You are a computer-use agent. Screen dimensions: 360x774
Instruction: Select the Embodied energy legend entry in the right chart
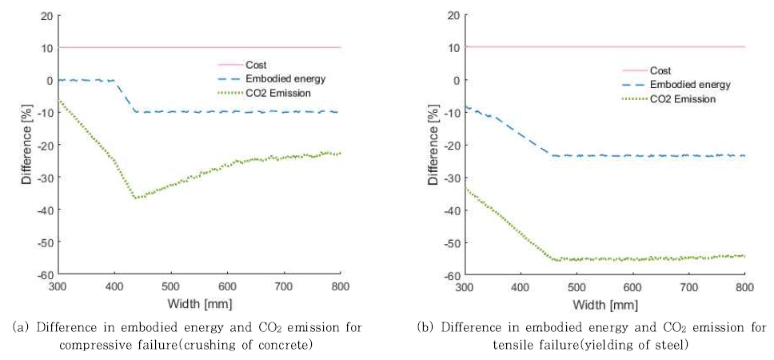pos(690,85)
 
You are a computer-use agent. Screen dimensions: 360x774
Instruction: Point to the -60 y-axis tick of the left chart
pos(42,274)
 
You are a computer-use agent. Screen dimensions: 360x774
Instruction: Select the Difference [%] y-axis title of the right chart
pos(433,145)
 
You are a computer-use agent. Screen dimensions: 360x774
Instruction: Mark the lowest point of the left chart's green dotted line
pos(137,198)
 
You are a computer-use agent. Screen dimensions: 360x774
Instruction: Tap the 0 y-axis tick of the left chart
pos(50,80)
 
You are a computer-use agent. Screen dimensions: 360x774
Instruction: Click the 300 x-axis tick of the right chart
pos(464,286)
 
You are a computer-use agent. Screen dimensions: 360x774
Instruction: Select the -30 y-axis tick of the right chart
pos(449,178)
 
